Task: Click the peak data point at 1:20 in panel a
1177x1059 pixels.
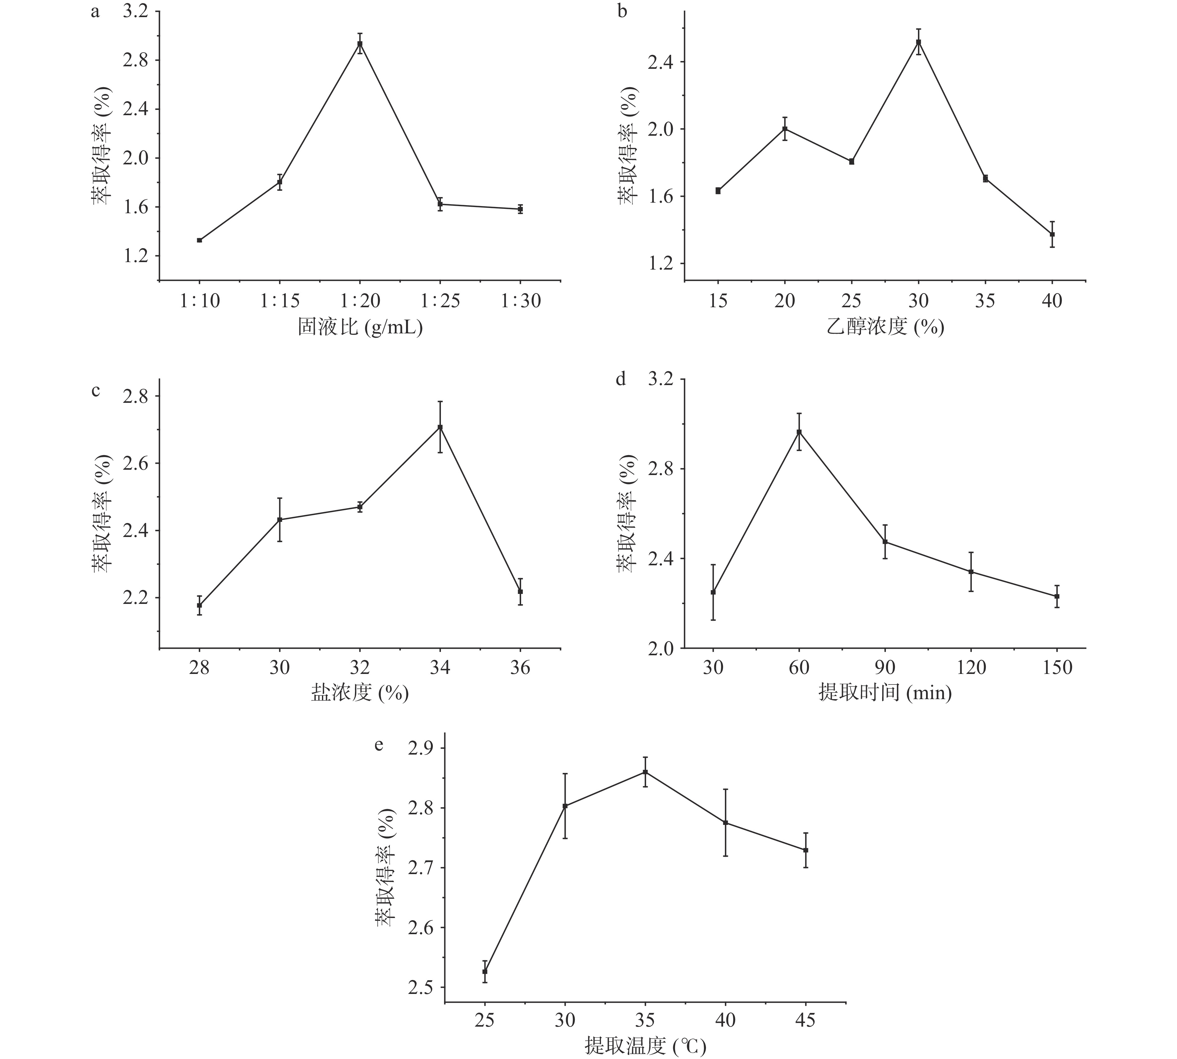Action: (x=360, y=44)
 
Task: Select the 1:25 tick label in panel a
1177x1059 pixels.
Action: (x=440, y=301)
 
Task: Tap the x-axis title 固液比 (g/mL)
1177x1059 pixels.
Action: (x=360, y=327)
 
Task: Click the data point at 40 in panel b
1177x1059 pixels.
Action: (x=1052, y=234)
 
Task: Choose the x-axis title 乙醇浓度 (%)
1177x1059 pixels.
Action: (x=885, y=327)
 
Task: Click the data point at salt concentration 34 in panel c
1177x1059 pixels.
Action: (x=440, y=428)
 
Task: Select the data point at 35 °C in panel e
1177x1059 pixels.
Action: (x=645, y=772)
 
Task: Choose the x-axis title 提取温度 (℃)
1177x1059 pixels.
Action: (x=645, y=1048)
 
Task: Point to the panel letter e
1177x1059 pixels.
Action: (x=379, y=745)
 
